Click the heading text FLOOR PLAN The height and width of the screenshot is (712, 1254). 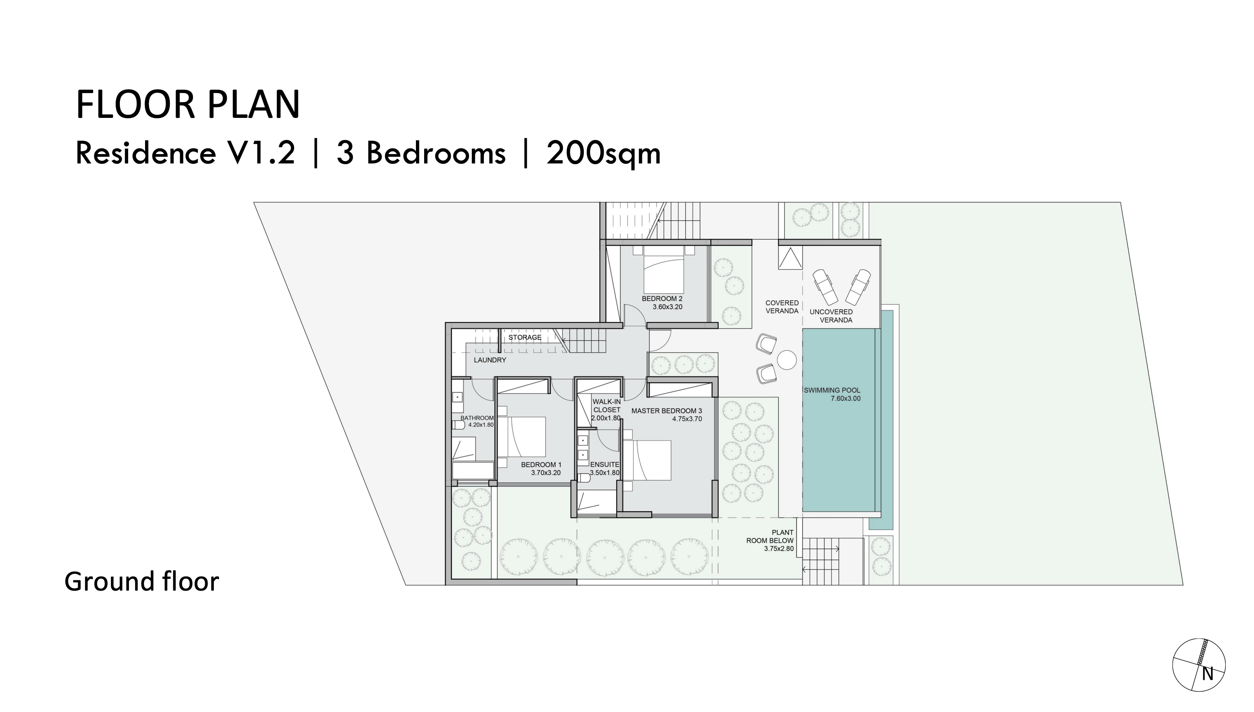[x=188, y=105]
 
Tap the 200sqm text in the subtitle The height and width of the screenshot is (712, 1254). [x=603, y=154]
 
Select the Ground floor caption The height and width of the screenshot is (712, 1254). [x=142, y=582]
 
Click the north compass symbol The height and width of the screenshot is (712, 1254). [x=1199, y=665]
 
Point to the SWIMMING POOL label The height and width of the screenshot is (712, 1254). [x=832, y=390]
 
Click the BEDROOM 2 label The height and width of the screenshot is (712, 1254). [x=662, y=298]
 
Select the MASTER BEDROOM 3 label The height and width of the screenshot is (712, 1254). [x=666, y=411]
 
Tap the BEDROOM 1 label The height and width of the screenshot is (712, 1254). [x=541, y=464]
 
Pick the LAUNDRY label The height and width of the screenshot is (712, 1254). [x=489, y=360]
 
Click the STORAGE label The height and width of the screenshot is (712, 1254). [x=525, y=338]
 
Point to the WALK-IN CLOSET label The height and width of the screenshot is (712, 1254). [x=607, y=406]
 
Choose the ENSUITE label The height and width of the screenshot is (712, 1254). [x=605, y=464]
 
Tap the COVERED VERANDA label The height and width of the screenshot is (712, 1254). [x=781, y=306]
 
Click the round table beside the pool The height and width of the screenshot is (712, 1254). [x=787, y=360]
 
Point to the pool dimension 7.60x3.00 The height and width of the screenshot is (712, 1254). [x=845, y=398]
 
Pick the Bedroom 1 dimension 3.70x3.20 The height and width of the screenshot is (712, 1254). [x=546, y=473]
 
